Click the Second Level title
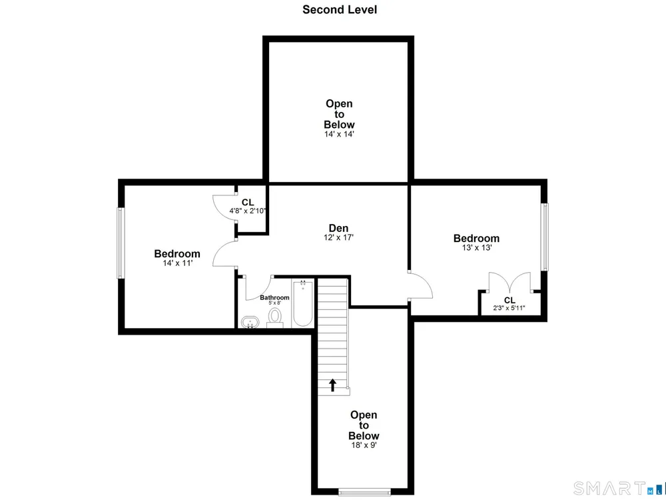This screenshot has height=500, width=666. tap(340, 10)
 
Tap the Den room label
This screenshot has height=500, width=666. tap(338, 228)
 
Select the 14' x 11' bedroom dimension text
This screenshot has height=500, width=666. tap(178, 263)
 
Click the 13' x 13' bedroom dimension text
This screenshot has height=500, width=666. tap(477, 248)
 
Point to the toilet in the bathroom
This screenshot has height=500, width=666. tap(275, 317)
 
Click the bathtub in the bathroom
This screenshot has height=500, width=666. tap(303, 303)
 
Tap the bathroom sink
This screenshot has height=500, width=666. tap(250, 322)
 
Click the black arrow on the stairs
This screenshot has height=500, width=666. tap(332, 385)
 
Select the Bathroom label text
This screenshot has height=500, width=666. tap(274, 297)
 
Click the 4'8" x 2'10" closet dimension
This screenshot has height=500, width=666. tap(248, 211)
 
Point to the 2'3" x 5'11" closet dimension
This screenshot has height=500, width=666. tap(509, 308)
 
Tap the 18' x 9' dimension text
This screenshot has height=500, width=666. tap(363, 445)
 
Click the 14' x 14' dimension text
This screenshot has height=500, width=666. tap(339, 134)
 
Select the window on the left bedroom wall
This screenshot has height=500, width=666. tap(121, 243)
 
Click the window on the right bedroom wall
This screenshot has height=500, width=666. tap(544, 237)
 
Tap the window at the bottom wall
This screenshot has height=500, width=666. tap(364, 492)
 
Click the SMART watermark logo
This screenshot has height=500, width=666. tap(619, 488)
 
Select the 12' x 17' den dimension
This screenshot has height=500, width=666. tap(338, 238)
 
